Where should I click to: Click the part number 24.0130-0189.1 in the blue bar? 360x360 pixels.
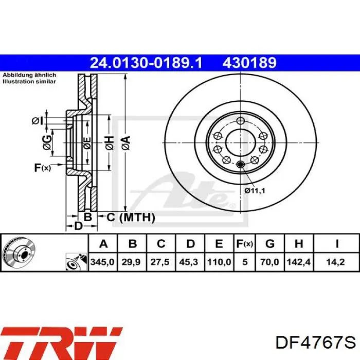[x=146, y=63]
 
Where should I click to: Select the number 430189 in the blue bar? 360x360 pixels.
[x=249, y=63]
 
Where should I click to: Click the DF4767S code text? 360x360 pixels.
[x=315, y=343]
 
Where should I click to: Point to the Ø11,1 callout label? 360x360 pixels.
[x=255, y=190]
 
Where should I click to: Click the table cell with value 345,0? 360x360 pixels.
[x=103, y=262]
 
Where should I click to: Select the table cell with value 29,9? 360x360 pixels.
[x=131, y=262]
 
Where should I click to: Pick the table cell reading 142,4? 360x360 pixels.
[x=299, y=262]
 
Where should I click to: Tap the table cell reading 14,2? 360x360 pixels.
[x=336, y=262]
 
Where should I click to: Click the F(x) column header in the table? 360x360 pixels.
[x=244, y=244]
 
